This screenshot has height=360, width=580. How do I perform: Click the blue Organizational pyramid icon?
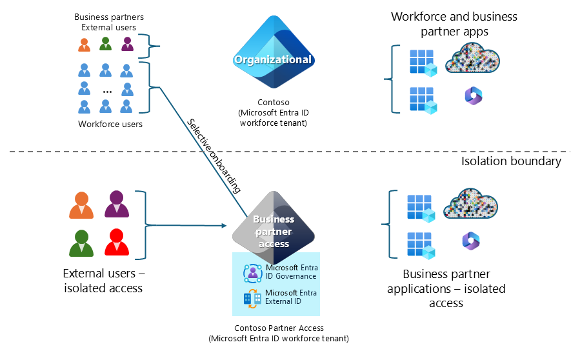tap(273, 54)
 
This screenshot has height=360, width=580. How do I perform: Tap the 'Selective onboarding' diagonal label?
tap(214, 155)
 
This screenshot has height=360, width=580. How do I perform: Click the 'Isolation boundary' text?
tap(511, 161)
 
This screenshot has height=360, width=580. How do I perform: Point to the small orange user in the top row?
tap(84, 45)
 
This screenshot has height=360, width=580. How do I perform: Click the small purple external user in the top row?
tap(127, 44)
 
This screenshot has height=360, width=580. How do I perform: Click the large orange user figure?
tap(81, 205)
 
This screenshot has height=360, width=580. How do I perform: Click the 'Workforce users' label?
tap(110, 124)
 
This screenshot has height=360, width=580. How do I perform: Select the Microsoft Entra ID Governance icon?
tap(252, 272)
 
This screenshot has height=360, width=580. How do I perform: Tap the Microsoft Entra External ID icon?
tap(252, 297)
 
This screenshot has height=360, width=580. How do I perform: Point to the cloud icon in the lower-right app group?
tap(473, 204)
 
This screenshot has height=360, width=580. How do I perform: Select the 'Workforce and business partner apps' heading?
tap(454, 23)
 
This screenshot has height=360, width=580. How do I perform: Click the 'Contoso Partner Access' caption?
tap(279, 328)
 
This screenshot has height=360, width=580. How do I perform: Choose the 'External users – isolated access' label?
tap(103, 280)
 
